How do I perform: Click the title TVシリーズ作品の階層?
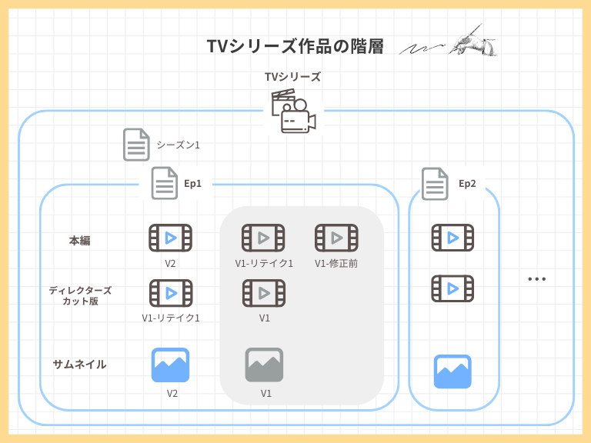pos(295,46)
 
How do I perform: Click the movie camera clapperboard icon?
pos(292,112)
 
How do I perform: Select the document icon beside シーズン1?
pos(136,145)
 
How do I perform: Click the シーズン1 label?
pos(178,145)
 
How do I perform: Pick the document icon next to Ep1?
pos(164,183)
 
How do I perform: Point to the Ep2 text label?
pos(467,183)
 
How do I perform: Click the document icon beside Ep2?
pos(435,183)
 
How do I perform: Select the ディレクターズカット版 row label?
pos(80,295)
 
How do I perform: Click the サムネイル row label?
pos(80,365)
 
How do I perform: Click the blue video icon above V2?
pos(170,238)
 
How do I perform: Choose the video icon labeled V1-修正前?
pos(336,238)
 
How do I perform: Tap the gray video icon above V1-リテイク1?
pos(263,238)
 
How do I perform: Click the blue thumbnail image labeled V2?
pos(170,365)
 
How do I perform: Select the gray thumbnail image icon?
pos(264,365)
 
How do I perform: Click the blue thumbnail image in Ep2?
pos(452,371)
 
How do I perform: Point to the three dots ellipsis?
pos(536,279)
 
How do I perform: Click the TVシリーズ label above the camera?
pos(292,77)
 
